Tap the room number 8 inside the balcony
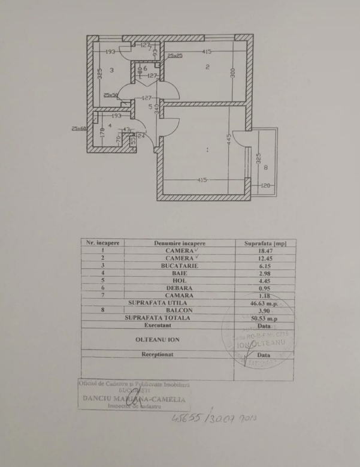click(265, 168)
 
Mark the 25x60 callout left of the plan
click(80, 128)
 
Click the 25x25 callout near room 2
click(175, 56)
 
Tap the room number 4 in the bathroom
click(110, 125)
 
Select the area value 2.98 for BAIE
click(264, 273)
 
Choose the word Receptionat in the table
click(158, 354)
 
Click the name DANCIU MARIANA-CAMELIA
click(131, 398)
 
